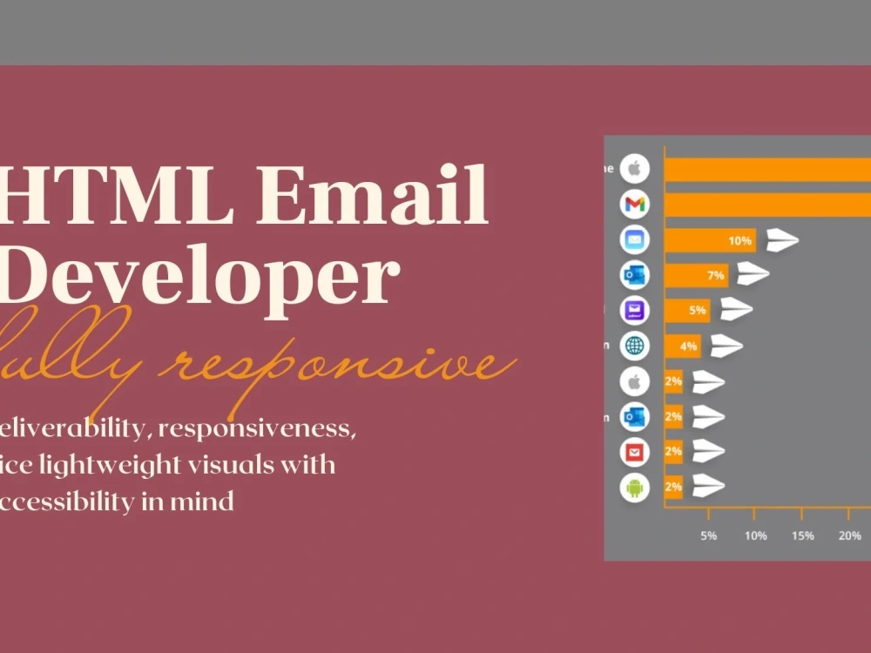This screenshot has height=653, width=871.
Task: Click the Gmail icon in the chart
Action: click(x=634, y=205)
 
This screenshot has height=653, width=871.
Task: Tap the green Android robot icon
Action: click(x=634, y=487)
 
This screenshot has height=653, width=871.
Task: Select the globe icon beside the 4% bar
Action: click(x=634, y=346)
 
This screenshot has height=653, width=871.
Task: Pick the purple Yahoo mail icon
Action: click(x=634, y=310)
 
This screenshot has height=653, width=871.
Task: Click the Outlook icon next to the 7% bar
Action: click(x=634, y=275)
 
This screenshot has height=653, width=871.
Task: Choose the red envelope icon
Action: click(x=634, y=452)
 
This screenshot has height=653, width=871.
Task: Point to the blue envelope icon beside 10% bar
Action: click(x=634, y=240)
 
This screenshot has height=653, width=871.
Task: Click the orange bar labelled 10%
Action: click(x=710, y=240)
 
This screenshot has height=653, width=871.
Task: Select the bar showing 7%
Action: click(x=696, y=275)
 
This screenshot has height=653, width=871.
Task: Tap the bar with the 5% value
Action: click(x=687, y=310)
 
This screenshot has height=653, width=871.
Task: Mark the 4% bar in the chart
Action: click(x=683, y=346)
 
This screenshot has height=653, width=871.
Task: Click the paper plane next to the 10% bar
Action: click(x=781, y=240)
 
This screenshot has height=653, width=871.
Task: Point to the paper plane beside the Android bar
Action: click(x=708, y=486)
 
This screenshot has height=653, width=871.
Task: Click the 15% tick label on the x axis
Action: click(x=803, y=535)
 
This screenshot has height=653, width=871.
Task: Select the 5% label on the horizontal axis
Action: click(x=709, y=535)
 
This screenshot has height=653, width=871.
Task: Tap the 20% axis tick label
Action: click(x=850, y=535)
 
